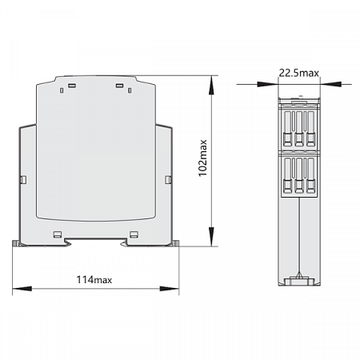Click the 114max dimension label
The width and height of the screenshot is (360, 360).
pyautogui.click(x=94, y=279)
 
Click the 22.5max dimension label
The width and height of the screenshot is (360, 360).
pyautogui.click(x=299, y=74)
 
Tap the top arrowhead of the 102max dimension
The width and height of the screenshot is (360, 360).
pyautogui.click(x=213, y=80)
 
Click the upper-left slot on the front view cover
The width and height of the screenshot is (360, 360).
pyautogui.click(x=71, y=85)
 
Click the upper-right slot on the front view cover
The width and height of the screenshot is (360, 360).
pyautogui.click(x=120, y=85)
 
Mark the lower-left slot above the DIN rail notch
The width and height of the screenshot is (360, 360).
pyautogui.click(x=58, y=234)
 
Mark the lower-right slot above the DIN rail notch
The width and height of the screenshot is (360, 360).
pyautogui.click(x=134, y=234)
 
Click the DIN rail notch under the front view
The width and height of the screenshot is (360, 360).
pyautogui.click(x=95, y=242)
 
